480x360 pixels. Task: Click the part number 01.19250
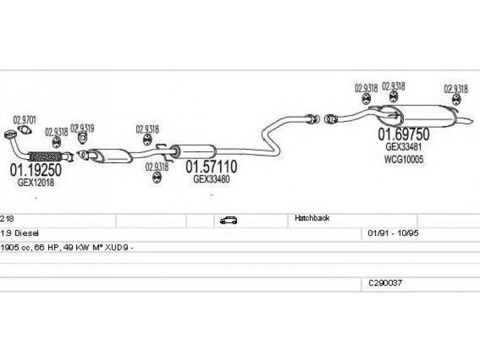click(x=35, y=170)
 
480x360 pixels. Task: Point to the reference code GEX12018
click(x=35, y=182)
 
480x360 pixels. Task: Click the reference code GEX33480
click(x=211, y=179)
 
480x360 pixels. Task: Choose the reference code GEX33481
click(x=403, y=147)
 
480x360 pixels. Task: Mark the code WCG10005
click(x=403, y=160)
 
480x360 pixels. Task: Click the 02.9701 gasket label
click(x=25, y=120)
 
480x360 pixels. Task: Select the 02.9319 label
click(x=82, y=128)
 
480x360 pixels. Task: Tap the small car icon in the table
click(x=228, y=220)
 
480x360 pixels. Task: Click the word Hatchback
click(x=312, y=218)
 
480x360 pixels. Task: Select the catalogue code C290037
click(x=385, y=282)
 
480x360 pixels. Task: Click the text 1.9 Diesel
click(x=20, y=232)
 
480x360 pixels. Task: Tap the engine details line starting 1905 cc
click(x=66, y=247)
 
